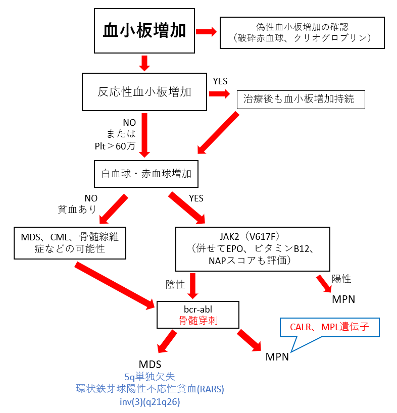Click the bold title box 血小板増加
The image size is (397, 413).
144,31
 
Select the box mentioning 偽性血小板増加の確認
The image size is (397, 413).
302,33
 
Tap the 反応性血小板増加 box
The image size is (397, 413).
144,92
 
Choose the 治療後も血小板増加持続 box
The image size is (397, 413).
301,99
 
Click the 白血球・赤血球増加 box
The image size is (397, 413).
146,174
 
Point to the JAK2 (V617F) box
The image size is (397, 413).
253,249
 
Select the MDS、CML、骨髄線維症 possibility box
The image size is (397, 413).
70,243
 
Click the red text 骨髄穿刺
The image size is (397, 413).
198,321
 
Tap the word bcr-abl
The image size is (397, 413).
198,309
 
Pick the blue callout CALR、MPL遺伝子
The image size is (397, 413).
329,327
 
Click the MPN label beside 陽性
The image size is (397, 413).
343,299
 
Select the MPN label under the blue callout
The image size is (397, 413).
277,357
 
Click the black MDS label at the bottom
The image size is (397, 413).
150,365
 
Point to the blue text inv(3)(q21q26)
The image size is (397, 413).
150,402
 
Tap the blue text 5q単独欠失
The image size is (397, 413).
150,377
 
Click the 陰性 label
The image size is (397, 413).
175,284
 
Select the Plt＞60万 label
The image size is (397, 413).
115,146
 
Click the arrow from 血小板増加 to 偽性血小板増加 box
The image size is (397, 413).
206,32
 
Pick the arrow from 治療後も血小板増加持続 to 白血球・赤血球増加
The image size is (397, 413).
218,132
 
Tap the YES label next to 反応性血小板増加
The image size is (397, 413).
220,81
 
